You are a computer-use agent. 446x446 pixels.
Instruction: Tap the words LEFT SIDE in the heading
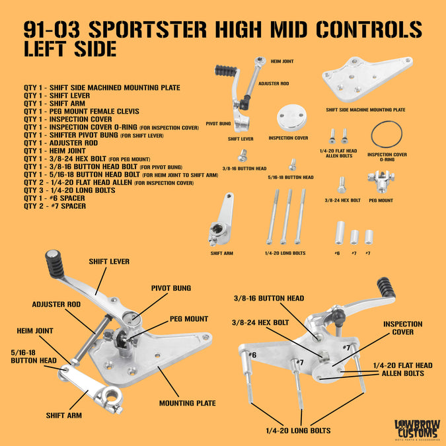click(x=70, y=50)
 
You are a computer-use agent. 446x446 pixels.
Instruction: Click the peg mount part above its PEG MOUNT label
click(x=381, y=181)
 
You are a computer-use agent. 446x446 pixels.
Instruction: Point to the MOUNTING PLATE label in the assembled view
click(x=186, y=403)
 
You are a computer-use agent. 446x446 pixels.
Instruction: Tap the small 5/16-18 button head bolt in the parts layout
click(x=291, y=165)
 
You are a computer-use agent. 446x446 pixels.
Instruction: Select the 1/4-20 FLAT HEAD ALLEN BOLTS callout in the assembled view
click(x=402, y=369)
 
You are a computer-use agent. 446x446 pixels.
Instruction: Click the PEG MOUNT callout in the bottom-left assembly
click(x=188, y=319)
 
